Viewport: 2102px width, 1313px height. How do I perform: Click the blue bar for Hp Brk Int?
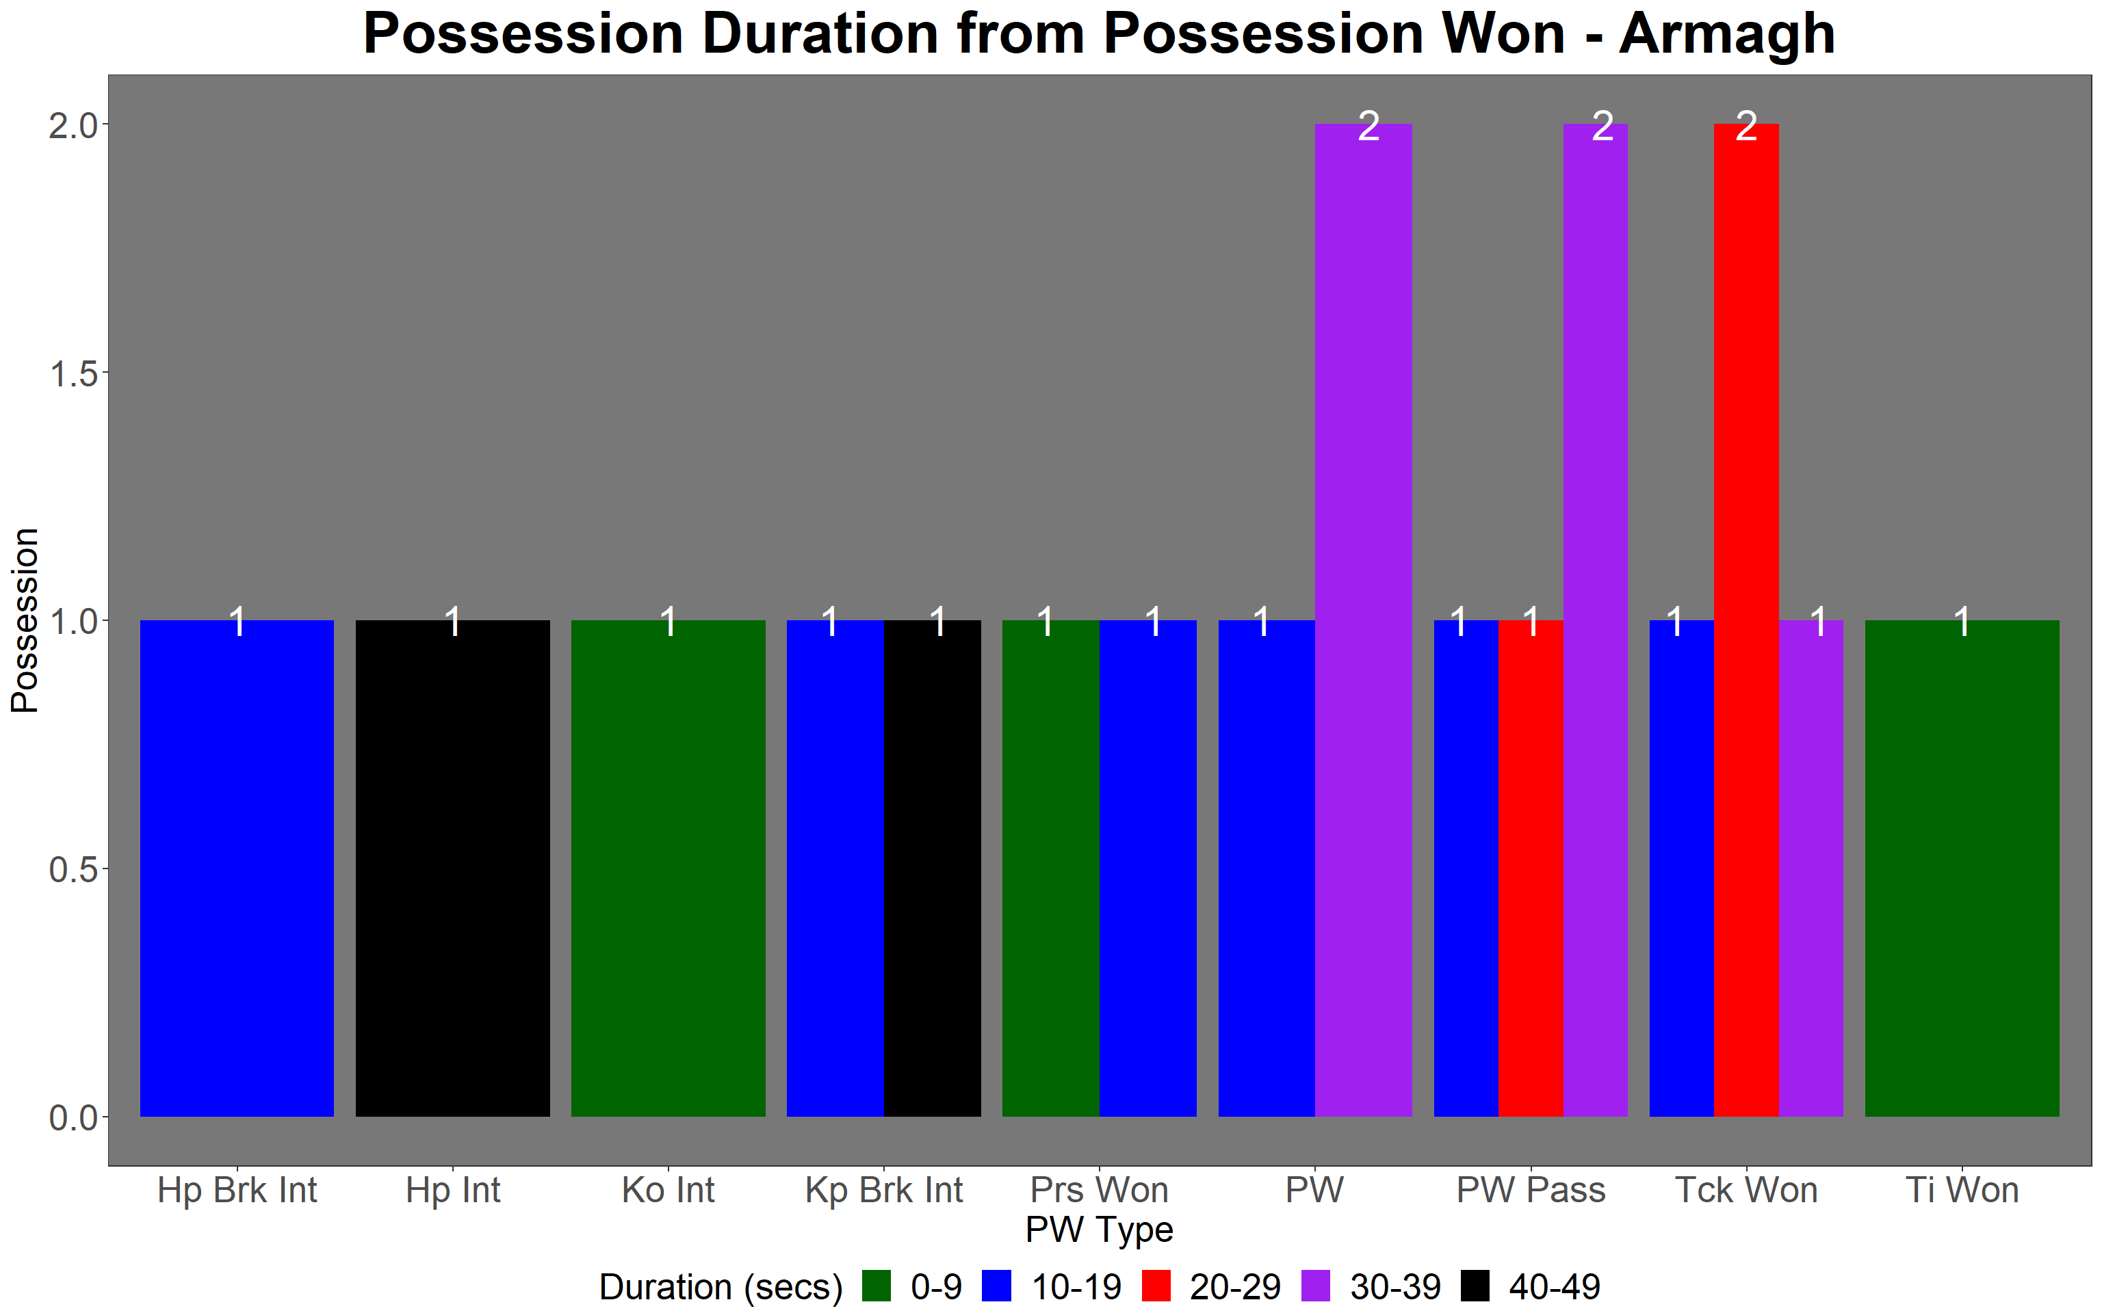tap(237, 868)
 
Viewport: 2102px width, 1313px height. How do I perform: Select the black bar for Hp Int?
tap(452, 868)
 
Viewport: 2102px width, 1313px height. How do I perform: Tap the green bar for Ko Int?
tap(668, 868)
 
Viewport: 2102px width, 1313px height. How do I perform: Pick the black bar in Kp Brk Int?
tap(932, 868)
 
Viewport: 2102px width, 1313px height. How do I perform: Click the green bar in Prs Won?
tap(1051, 868)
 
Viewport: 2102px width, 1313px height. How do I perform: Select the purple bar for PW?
tap(1364, 620)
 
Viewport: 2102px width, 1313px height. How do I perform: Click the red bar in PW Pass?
tap(1531, 868)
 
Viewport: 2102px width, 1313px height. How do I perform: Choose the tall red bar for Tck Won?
tap(1746, 620)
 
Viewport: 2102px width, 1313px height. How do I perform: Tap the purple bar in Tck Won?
tap(1811, 868)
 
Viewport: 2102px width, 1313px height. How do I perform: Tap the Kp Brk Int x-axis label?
tap(884, 1191)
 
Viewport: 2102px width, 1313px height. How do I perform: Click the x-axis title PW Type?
tap(1099, 1230)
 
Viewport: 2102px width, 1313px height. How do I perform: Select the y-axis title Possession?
tap(25, 620)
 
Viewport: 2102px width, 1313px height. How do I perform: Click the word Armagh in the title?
tap(1727, 34)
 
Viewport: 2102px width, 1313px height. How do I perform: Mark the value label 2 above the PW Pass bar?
tap(1603, 127)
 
